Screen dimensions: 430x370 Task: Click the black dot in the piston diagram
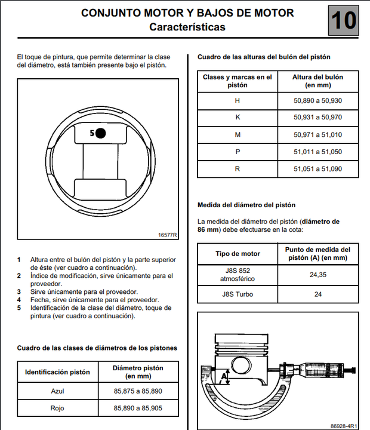100,133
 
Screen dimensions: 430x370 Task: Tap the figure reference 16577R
168,235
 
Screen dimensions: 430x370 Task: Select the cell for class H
238,100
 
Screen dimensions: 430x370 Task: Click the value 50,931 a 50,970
317,118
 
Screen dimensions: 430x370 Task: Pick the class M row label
238,135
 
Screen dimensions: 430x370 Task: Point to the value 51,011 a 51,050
317,152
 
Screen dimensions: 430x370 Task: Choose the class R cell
238,169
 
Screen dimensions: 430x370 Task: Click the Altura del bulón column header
317,81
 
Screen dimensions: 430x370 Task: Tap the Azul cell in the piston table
57,391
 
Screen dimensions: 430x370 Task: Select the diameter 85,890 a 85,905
137,408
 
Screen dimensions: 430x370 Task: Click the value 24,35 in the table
317,275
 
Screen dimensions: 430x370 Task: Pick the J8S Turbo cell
238,294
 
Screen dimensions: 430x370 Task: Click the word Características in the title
187,27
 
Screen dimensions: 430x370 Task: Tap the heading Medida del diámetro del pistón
246,205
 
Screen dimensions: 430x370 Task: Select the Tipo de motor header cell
238,254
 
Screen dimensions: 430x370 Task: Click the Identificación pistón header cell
57,371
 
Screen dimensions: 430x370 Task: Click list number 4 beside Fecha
19,299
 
